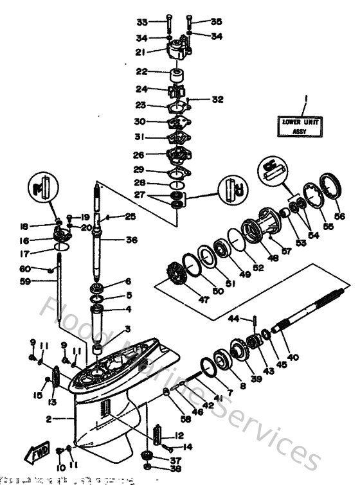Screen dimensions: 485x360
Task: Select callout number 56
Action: point(339,216)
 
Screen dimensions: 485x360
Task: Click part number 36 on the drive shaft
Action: point(132,240)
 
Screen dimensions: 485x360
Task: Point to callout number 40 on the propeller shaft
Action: point(292,357)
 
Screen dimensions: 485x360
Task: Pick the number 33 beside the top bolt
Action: point(142,22)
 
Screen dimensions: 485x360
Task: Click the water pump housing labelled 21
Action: point(177,49)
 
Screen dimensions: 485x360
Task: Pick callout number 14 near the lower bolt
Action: point(188,446)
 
